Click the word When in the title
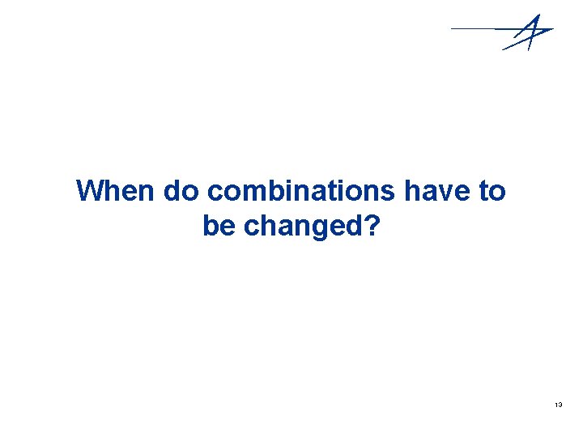click(x=116, y=192)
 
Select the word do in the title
click(x=181, y=192)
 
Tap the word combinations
click(x=299, y=192)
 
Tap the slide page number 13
click(x=559, y=403)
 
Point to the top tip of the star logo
click(x=537, y=15)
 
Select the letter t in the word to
click(x=485, y=192)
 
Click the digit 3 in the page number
click(x=560, y=403)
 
